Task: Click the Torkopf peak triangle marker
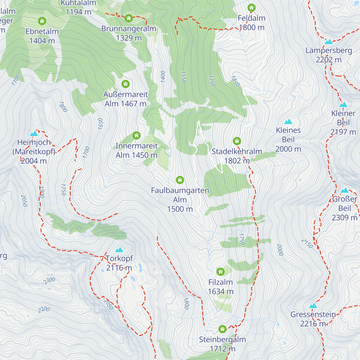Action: [119, 250]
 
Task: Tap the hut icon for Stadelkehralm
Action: [237, 141]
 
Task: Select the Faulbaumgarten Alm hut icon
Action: [180, 180]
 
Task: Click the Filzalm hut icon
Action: [220, 272]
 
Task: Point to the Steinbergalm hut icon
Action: [222, 329]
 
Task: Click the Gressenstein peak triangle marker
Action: [313, 306]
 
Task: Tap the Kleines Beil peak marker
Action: [288, 121]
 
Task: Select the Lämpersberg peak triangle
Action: [329, 42]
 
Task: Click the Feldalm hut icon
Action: [251, 8]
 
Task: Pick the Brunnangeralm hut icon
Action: [129, 18]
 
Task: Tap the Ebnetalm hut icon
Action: [42, 21]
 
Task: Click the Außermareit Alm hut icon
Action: [125, 84]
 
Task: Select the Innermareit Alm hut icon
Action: [136, 135]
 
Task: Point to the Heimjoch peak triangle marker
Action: [34, 133]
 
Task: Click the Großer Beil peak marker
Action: [345, 190]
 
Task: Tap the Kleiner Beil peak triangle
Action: [343, 105]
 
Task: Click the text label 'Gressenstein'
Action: [313, 314]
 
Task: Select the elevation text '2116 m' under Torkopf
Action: [119, 268]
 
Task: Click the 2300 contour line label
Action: [49, 281]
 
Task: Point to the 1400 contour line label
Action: [163, 77]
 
